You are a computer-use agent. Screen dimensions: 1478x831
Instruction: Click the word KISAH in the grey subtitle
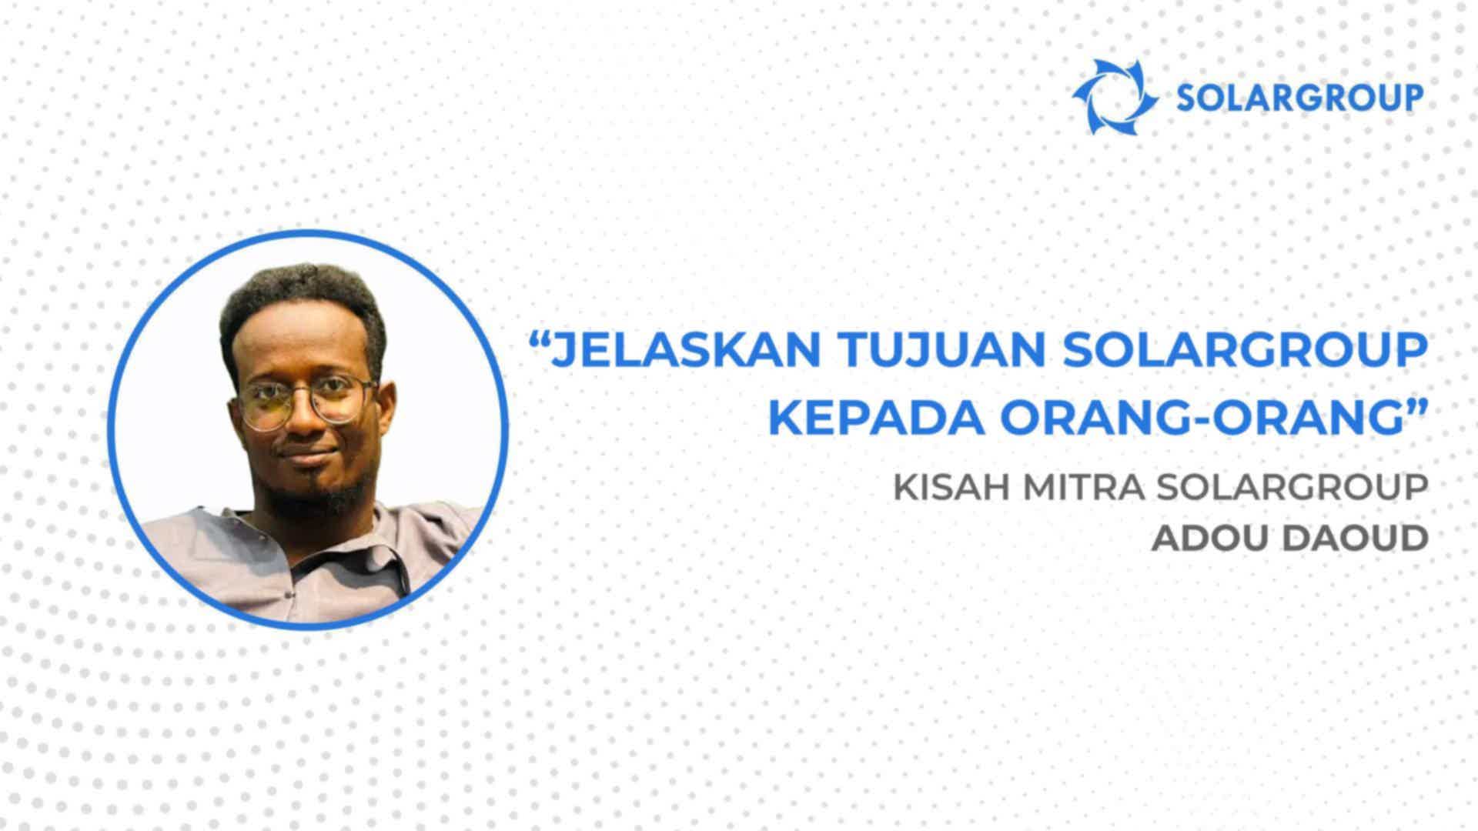[943, 489]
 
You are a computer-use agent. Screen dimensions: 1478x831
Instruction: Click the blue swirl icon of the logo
[1115, 97]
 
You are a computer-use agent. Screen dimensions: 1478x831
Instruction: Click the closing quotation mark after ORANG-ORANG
[1407, 407]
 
